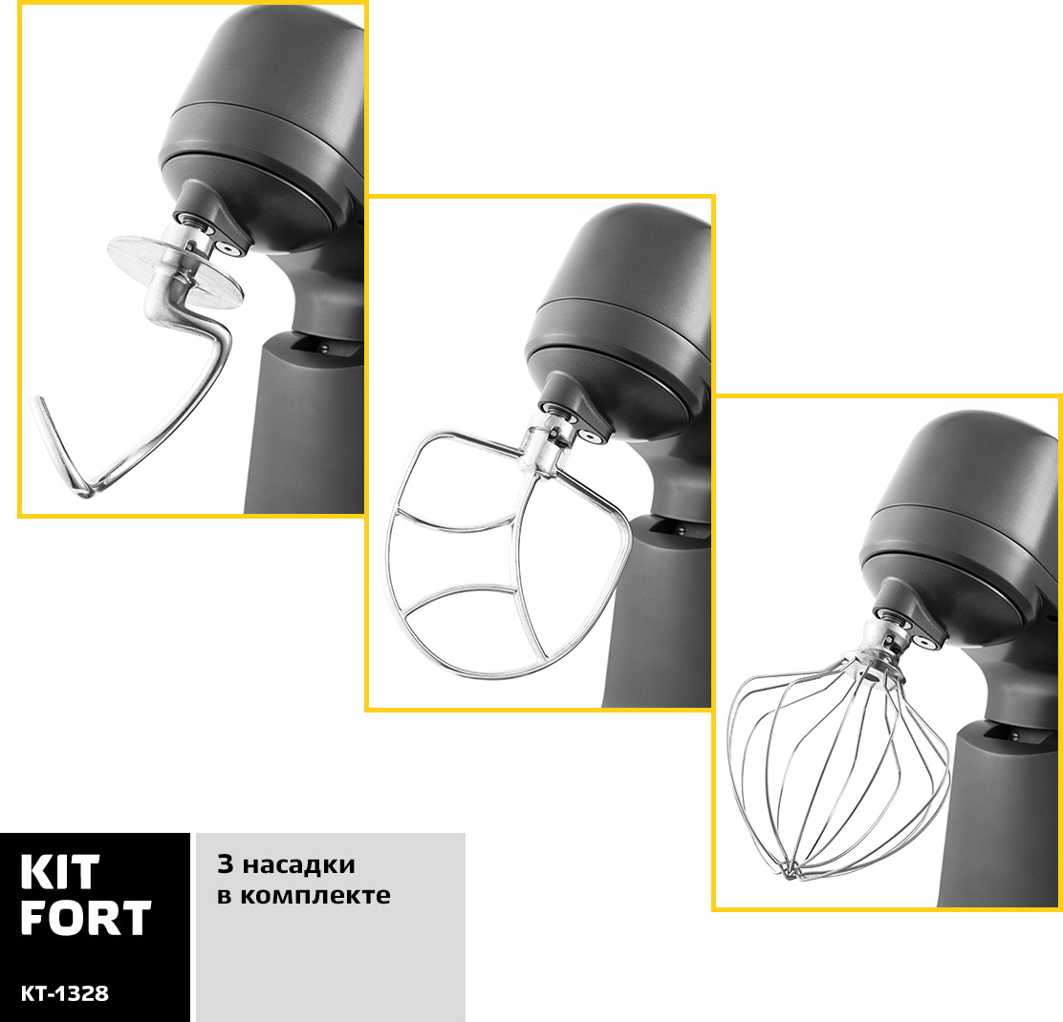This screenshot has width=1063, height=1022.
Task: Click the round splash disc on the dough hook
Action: [x=175, y=271]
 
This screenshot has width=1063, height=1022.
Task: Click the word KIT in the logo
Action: [x=59, y=872]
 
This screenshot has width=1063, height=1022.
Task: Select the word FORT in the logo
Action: [x=85, y=918]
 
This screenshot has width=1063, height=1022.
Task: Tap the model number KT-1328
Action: [x=64, y=993]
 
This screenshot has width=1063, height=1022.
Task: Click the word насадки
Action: [x=299, y=864]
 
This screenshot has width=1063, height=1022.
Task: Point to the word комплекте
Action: [x=315, y=895]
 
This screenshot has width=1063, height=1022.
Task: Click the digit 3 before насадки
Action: [x=225, y=864]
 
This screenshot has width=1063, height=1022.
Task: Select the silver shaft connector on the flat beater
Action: [x=546, y=446]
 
